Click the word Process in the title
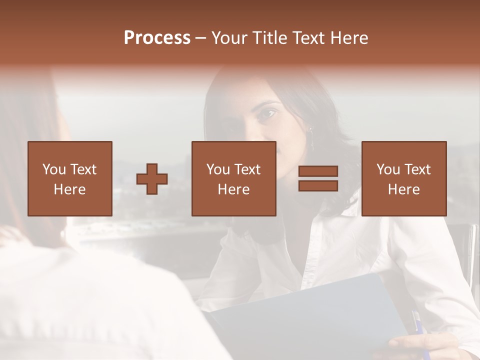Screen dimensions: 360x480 coord(157,38)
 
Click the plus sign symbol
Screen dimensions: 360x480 coord(152,179)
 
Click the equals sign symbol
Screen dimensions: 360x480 coord(318,178)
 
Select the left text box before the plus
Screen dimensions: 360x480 coord(70,178)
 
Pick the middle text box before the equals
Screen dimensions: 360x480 coord(234,178)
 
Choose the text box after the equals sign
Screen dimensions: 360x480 coord(404,178)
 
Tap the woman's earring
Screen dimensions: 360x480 coord(311,135)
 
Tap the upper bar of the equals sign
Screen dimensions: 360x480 coord(318,171)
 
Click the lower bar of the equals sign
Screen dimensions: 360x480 coord(318,185)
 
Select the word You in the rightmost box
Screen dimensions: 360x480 coord(388,169)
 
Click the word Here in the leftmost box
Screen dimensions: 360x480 coord(70,189)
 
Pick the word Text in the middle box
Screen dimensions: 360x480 coord(247,169)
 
